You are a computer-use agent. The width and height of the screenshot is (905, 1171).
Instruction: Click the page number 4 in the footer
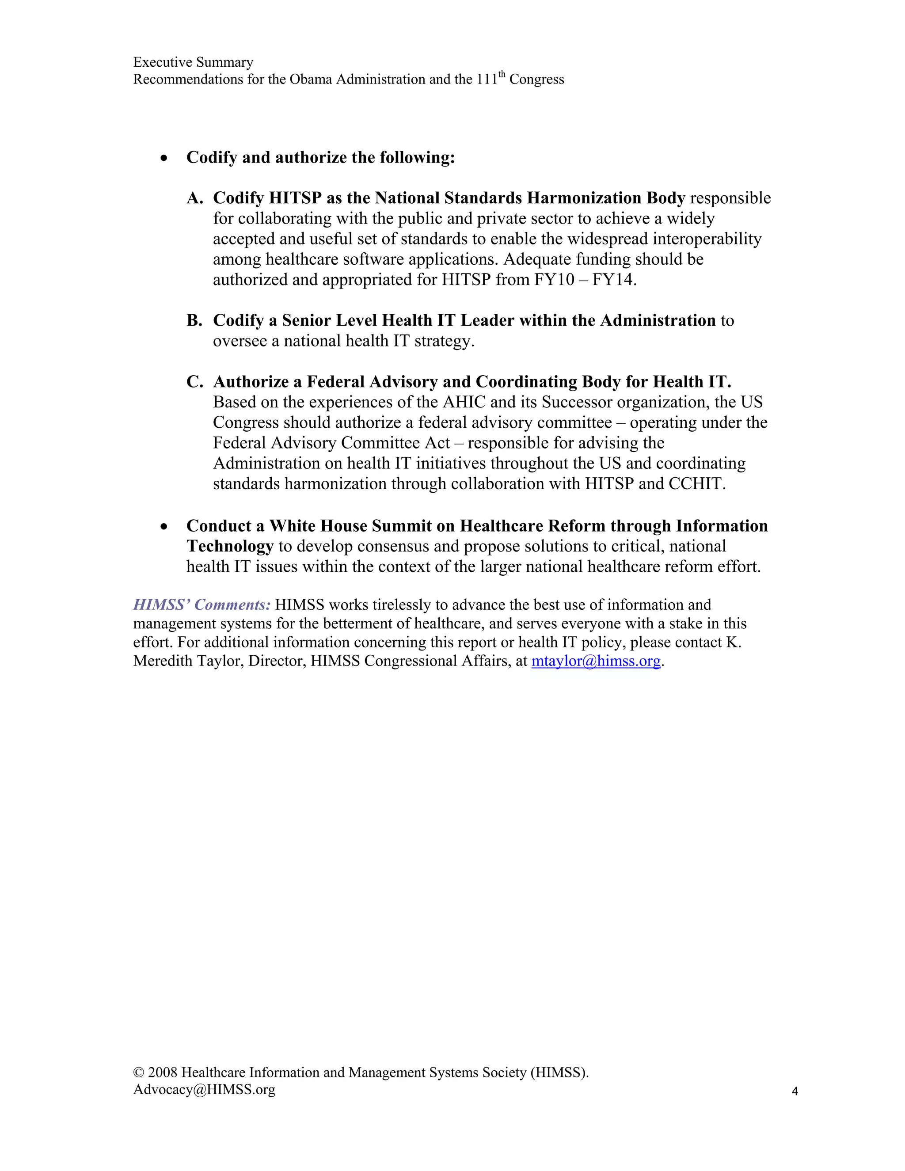tap(795, 1091)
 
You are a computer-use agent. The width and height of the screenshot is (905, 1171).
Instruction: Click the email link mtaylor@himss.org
tap(596, 661)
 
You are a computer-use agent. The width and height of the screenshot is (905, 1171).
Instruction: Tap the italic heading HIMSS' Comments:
tap(202, 605)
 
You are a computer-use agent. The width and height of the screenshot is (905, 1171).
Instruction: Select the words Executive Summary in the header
tap(193, 62)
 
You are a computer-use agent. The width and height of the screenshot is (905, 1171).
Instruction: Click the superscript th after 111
tap(502, 76)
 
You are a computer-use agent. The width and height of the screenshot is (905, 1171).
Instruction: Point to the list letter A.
tap(194, 198)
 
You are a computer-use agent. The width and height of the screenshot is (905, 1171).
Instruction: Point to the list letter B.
tap(194, 321)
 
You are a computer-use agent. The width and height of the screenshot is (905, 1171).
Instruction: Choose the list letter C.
tap(194, 382)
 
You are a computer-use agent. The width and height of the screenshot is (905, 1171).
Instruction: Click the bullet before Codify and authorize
tap(164, 158)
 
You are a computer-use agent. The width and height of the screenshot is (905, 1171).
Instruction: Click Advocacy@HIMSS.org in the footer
tap(204, 1090)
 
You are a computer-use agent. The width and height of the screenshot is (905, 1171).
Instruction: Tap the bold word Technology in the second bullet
tap(230, 546)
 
